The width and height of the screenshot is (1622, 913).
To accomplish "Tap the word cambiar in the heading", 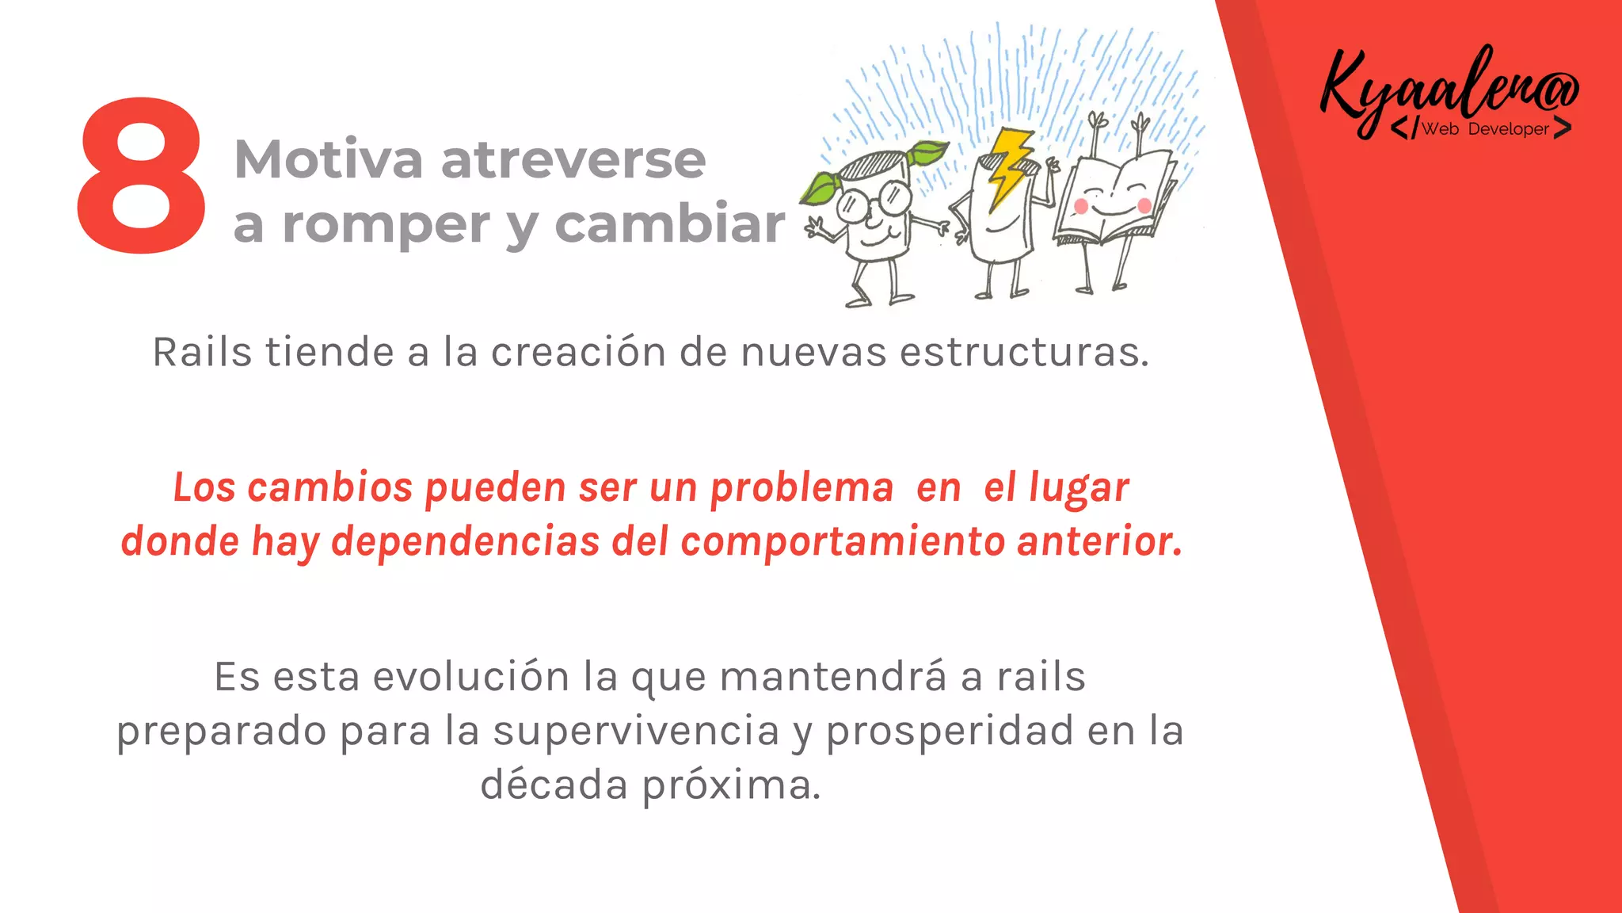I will pyautogui.click(x=669, y=224).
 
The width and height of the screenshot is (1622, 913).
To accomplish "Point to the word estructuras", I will pyautogui.click(x=1024, y=352).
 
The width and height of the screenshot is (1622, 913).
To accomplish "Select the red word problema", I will pyautogui.click(x=801, y=488).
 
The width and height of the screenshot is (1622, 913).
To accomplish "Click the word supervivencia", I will pyautogui.click(x=636, y=731).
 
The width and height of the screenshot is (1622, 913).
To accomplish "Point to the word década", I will pyautogui.click(x=554, y=785).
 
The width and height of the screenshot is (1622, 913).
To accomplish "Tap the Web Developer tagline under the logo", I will pyautogui.click(x=1484, y=129).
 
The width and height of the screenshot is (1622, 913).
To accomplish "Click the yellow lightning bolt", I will pyautogui.click(x=1008, y=166).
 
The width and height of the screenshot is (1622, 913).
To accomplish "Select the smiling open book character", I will pyautogui.click(x=1113, y=198).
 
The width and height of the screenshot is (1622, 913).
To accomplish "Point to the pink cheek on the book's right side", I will pyautogui.click(x=1144, y=206).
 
